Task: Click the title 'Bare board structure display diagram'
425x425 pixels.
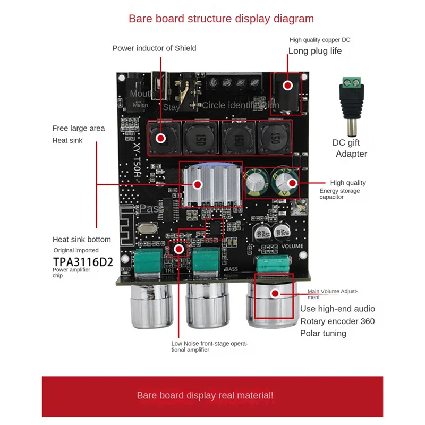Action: (221, 19)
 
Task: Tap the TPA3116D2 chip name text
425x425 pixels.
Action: (83, 261)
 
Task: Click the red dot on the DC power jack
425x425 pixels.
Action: (287, 86)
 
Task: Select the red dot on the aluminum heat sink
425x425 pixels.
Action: (198, 184)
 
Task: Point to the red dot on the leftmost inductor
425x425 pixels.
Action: (161, 139)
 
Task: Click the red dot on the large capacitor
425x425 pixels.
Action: (292, 183)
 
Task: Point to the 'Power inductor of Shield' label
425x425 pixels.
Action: (154, 48)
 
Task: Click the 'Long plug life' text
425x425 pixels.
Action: (315, 51)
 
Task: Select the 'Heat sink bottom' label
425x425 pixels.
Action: (82, 239)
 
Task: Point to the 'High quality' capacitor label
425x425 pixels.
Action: (348, 183)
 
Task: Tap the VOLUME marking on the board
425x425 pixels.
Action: (292, 246)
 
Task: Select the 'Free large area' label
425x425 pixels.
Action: (79, 128)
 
